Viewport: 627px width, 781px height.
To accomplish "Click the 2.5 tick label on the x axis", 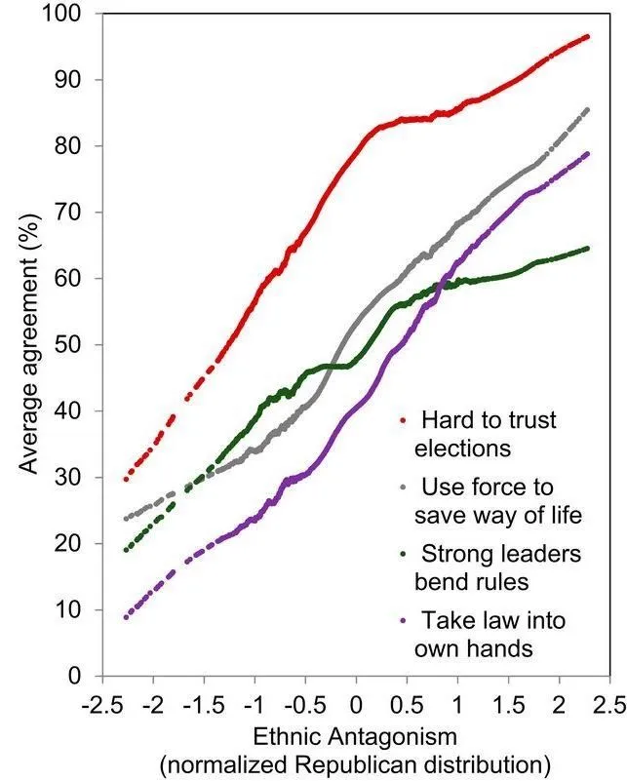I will click(608, 703).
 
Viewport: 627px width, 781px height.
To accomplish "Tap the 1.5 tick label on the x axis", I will click(507, 703).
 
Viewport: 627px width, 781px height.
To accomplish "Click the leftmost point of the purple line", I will click(126, 617).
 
